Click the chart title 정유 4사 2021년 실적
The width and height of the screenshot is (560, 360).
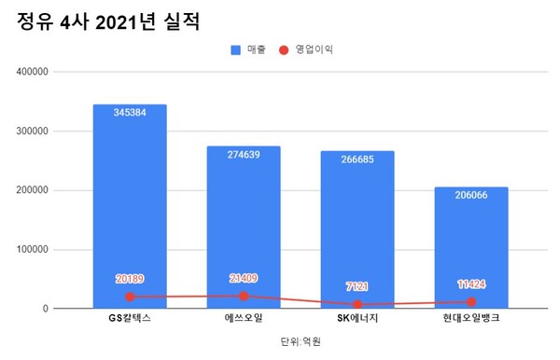pos(108,21)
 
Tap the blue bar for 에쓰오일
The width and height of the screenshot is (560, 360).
pos(244,224)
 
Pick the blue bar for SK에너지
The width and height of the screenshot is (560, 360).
pos(357,228)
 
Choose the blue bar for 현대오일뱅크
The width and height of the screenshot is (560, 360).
pos(471,247)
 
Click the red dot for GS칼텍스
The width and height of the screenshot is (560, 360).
pos(130,297)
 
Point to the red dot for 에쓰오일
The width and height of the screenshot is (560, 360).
pos(244,296)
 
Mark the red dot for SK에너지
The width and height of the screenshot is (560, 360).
pos(357,305)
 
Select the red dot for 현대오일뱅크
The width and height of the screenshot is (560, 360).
pos(471,301)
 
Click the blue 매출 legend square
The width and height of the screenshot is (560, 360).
pos(235,47)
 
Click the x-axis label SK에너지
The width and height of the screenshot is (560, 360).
pos(357,320)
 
